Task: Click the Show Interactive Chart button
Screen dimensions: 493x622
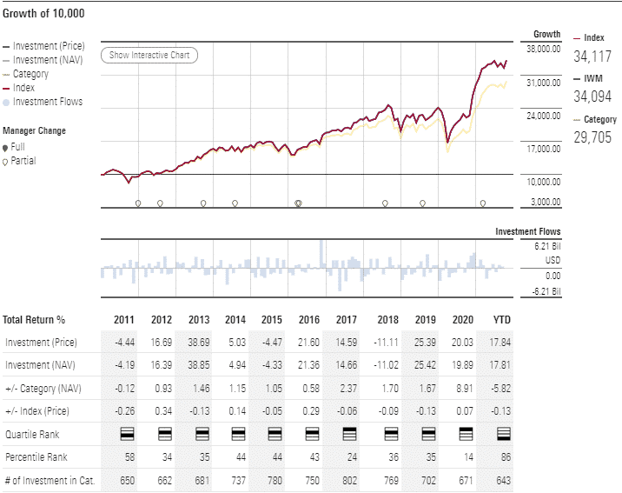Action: click(x=150, y=56)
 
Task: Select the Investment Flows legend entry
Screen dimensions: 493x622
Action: click(x=48, y=102)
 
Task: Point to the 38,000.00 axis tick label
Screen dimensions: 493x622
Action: click(x=543, y=50)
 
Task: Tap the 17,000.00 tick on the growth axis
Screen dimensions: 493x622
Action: click(x=543, y=149)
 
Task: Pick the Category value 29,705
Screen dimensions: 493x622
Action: click(x=592, y=137)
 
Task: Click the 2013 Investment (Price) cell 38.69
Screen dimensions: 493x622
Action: click(x=198, y=342)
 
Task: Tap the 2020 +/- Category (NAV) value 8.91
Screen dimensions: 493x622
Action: click(x=464, y=387)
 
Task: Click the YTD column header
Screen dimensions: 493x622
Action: click(x=501, y=319)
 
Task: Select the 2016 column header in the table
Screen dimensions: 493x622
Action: click(x=312, y=319)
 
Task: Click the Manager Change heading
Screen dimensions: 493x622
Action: click(x=34, y=131)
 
